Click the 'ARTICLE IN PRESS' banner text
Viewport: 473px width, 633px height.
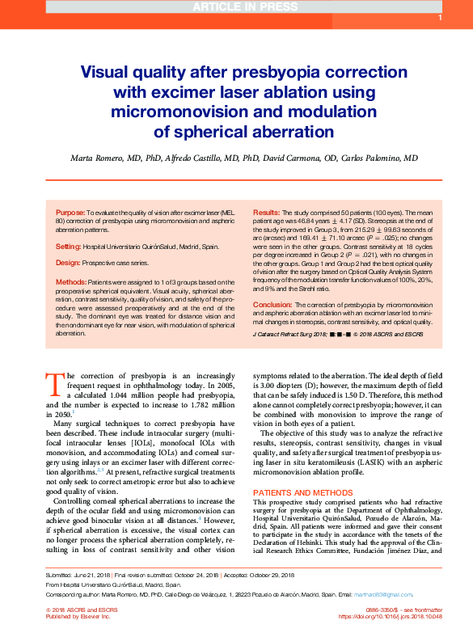tap(235, 7)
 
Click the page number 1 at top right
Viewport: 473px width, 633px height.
tap(439, 18)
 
